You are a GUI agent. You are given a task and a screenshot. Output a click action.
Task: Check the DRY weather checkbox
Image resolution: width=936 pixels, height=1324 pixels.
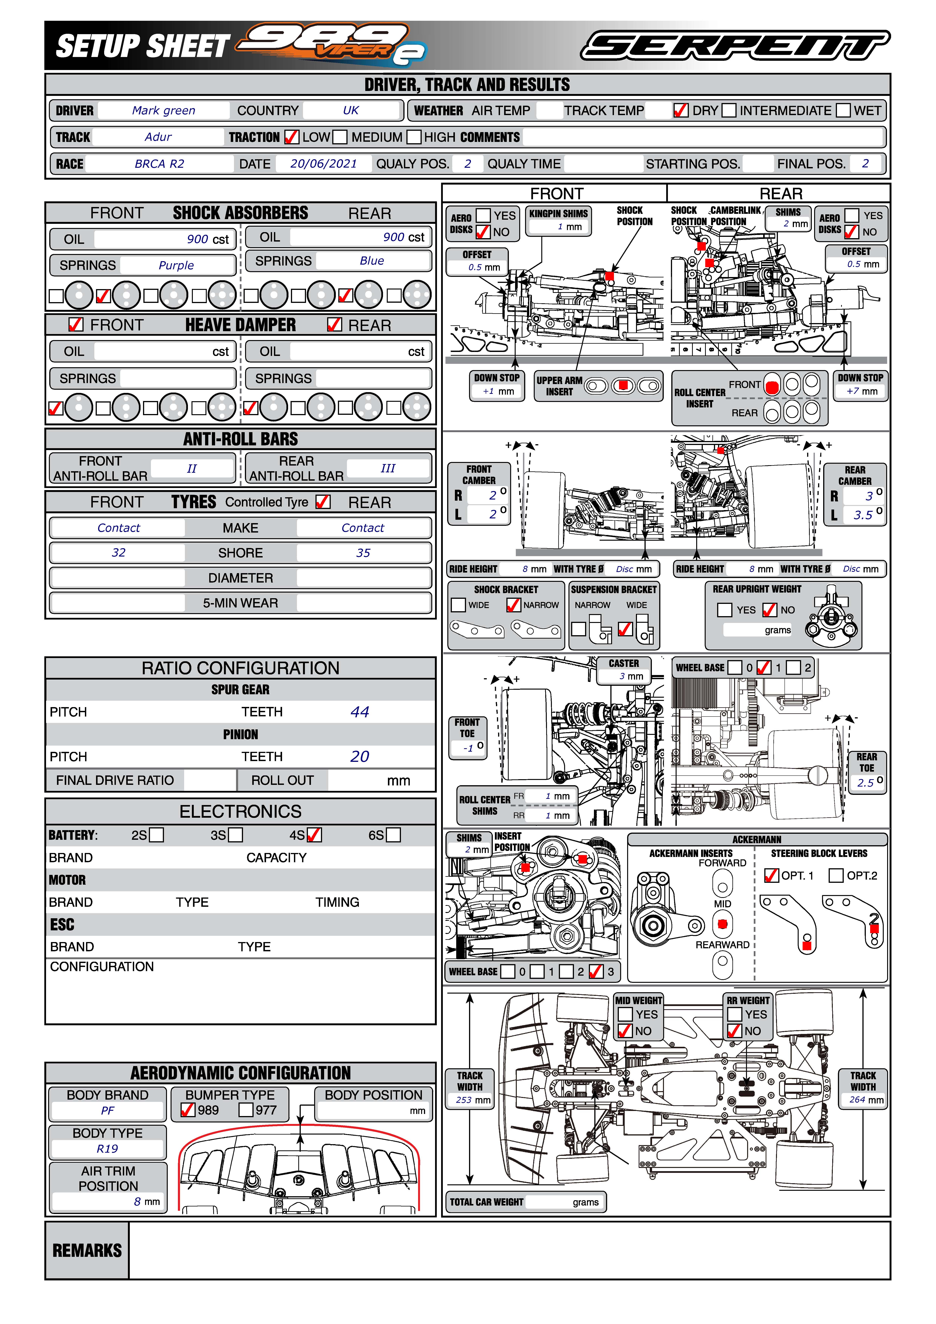[681, 110]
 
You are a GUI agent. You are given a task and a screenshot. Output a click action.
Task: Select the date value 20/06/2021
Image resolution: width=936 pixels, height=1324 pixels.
[324, 164]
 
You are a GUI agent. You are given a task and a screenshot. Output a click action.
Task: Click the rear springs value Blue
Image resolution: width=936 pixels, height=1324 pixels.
[372, 261]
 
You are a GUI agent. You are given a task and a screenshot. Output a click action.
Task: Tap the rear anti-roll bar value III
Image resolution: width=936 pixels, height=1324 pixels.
[388, 468]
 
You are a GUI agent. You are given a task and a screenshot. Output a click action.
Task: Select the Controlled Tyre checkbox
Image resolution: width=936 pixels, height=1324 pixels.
[323, 502]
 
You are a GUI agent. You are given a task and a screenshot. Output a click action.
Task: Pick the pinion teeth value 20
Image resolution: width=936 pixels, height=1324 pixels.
[360, 757]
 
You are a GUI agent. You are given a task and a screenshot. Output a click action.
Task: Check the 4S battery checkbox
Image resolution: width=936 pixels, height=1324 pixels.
[314, 835]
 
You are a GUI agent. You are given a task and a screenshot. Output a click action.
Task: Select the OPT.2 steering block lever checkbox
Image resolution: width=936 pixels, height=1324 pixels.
[836, 875]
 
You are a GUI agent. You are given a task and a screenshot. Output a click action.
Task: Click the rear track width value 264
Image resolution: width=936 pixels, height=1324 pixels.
[858, 1100]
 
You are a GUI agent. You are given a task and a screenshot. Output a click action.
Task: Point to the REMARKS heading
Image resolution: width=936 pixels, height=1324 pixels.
[87, 1250]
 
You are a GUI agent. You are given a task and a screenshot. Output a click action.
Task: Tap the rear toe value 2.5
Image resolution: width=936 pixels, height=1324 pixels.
[866, 783]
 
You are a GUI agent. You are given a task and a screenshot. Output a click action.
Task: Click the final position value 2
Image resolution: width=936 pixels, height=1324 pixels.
[865, 164]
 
